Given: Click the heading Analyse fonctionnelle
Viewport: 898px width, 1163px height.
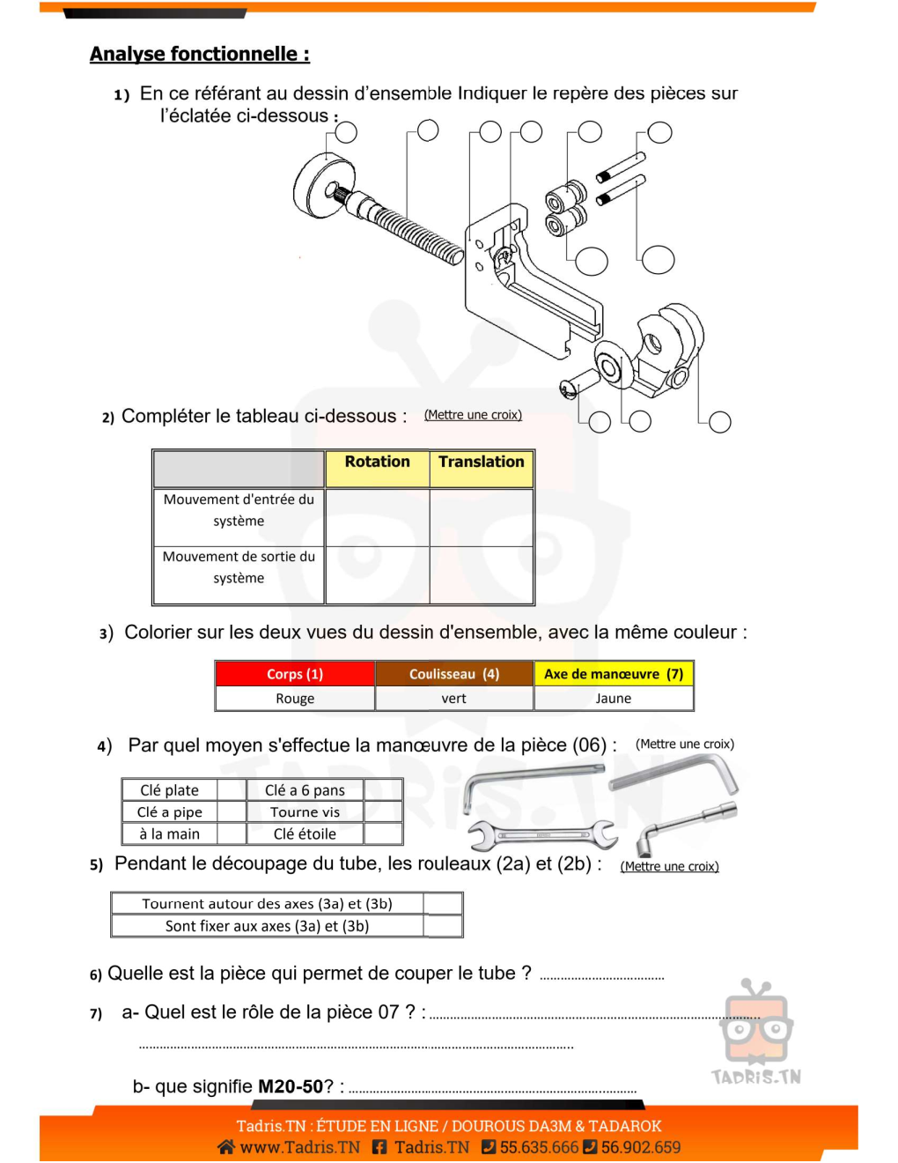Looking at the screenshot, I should [x=199, y=55].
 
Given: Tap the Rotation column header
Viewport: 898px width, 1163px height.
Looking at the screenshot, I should [x=377, y=463].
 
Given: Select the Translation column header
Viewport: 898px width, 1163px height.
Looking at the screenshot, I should [x=481, y=463].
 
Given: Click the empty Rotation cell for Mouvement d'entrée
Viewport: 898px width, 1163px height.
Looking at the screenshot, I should [x=377, y=517].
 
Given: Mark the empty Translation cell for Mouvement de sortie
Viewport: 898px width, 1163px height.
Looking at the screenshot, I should [x=481, y=574].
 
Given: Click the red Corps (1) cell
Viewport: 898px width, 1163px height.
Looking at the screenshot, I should [x=295, y=674].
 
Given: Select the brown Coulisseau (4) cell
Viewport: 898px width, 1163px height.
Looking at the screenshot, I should [x=454, y=674].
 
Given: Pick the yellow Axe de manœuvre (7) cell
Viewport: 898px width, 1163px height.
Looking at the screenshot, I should [x=614, y=674].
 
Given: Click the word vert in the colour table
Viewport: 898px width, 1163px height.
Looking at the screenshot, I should [x=454, y=699].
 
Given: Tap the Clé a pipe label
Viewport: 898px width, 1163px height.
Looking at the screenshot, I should [x=170, y=812].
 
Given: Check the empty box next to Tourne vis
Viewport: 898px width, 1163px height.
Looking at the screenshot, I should [x=383, y=812].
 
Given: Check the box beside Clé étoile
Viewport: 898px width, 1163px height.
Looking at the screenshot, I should [x=383, y=834].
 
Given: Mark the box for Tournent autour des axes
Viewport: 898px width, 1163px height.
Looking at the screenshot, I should [x=443, y=904].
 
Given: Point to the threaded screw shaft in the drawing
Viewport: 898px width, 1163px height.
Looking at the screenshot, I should [x=414, y=231].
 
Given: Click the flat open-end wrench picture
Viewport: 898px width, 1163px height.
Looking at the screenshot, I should [x=541, y=833].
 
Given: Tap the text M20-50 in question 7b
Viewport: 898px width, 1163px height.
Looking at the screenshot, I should [x=291, y=1087].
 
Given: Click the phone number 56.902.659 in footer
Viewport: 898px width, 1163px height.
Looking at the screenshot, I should [x=641, y=1147].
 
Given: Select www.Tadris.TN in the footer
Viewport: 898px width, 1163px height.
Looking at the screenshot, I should [x=299, y=1147].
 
